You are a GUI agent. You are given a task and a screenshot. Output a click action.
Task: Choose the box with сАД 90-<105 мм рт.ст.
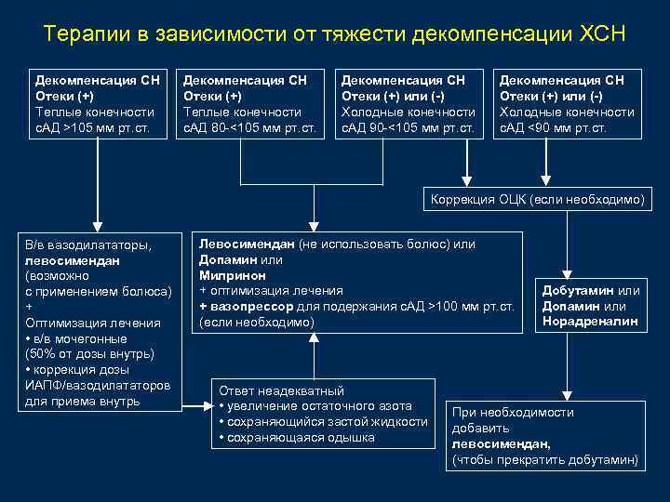[x=409, y=103]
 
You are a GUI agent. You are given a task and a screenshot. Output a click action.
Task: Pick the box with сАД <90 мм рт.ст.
[x=567, y=103]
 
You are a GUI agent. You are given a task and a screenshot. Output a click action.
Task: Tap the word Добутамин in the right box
[x=577, y=291]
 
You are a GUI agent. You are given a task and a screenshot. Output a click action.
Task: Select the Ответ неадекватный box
[x=323, y=415]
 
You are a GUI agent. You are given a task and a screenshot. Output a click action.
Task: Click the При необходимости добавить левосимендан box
[x=545, y=436]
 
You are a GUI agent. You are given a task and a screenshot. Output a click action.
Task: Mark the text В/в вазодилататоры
[x=88, y=244]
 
